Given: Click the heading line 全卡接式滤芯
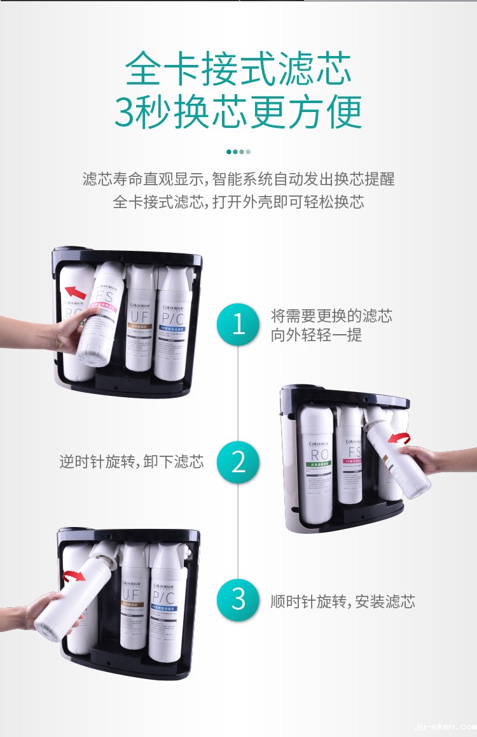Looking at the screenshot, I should [238, 69].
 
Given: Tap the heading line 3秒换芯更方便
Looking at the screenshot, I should [238, 112].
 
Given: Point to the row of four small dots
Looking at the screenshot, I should [238, 151].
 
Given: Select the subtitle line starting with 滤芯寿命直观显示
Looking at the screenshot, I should [238, 179].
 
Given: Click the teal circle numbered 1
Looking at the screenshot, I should [238, 324].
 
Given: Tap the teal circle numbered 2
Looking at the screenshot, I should [238, 461].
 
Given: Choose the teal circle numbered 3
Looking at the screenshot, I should [238, 600].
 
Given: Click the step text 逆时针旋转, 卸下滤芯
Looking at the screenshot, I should [132, 462].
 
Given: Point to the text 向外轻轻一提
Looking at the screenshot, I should [316, 335].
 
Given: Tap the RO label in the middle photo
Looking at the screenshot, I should [319, 454].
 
